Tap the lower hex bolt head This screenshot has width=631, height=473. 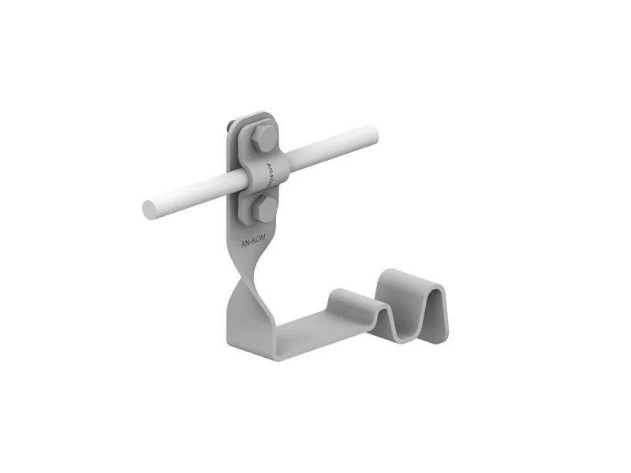[263, 208]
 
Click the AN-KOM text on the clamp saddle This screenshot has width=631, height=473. [272, 174]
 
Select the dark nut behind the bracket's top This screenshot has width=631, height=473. [230, 125]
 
